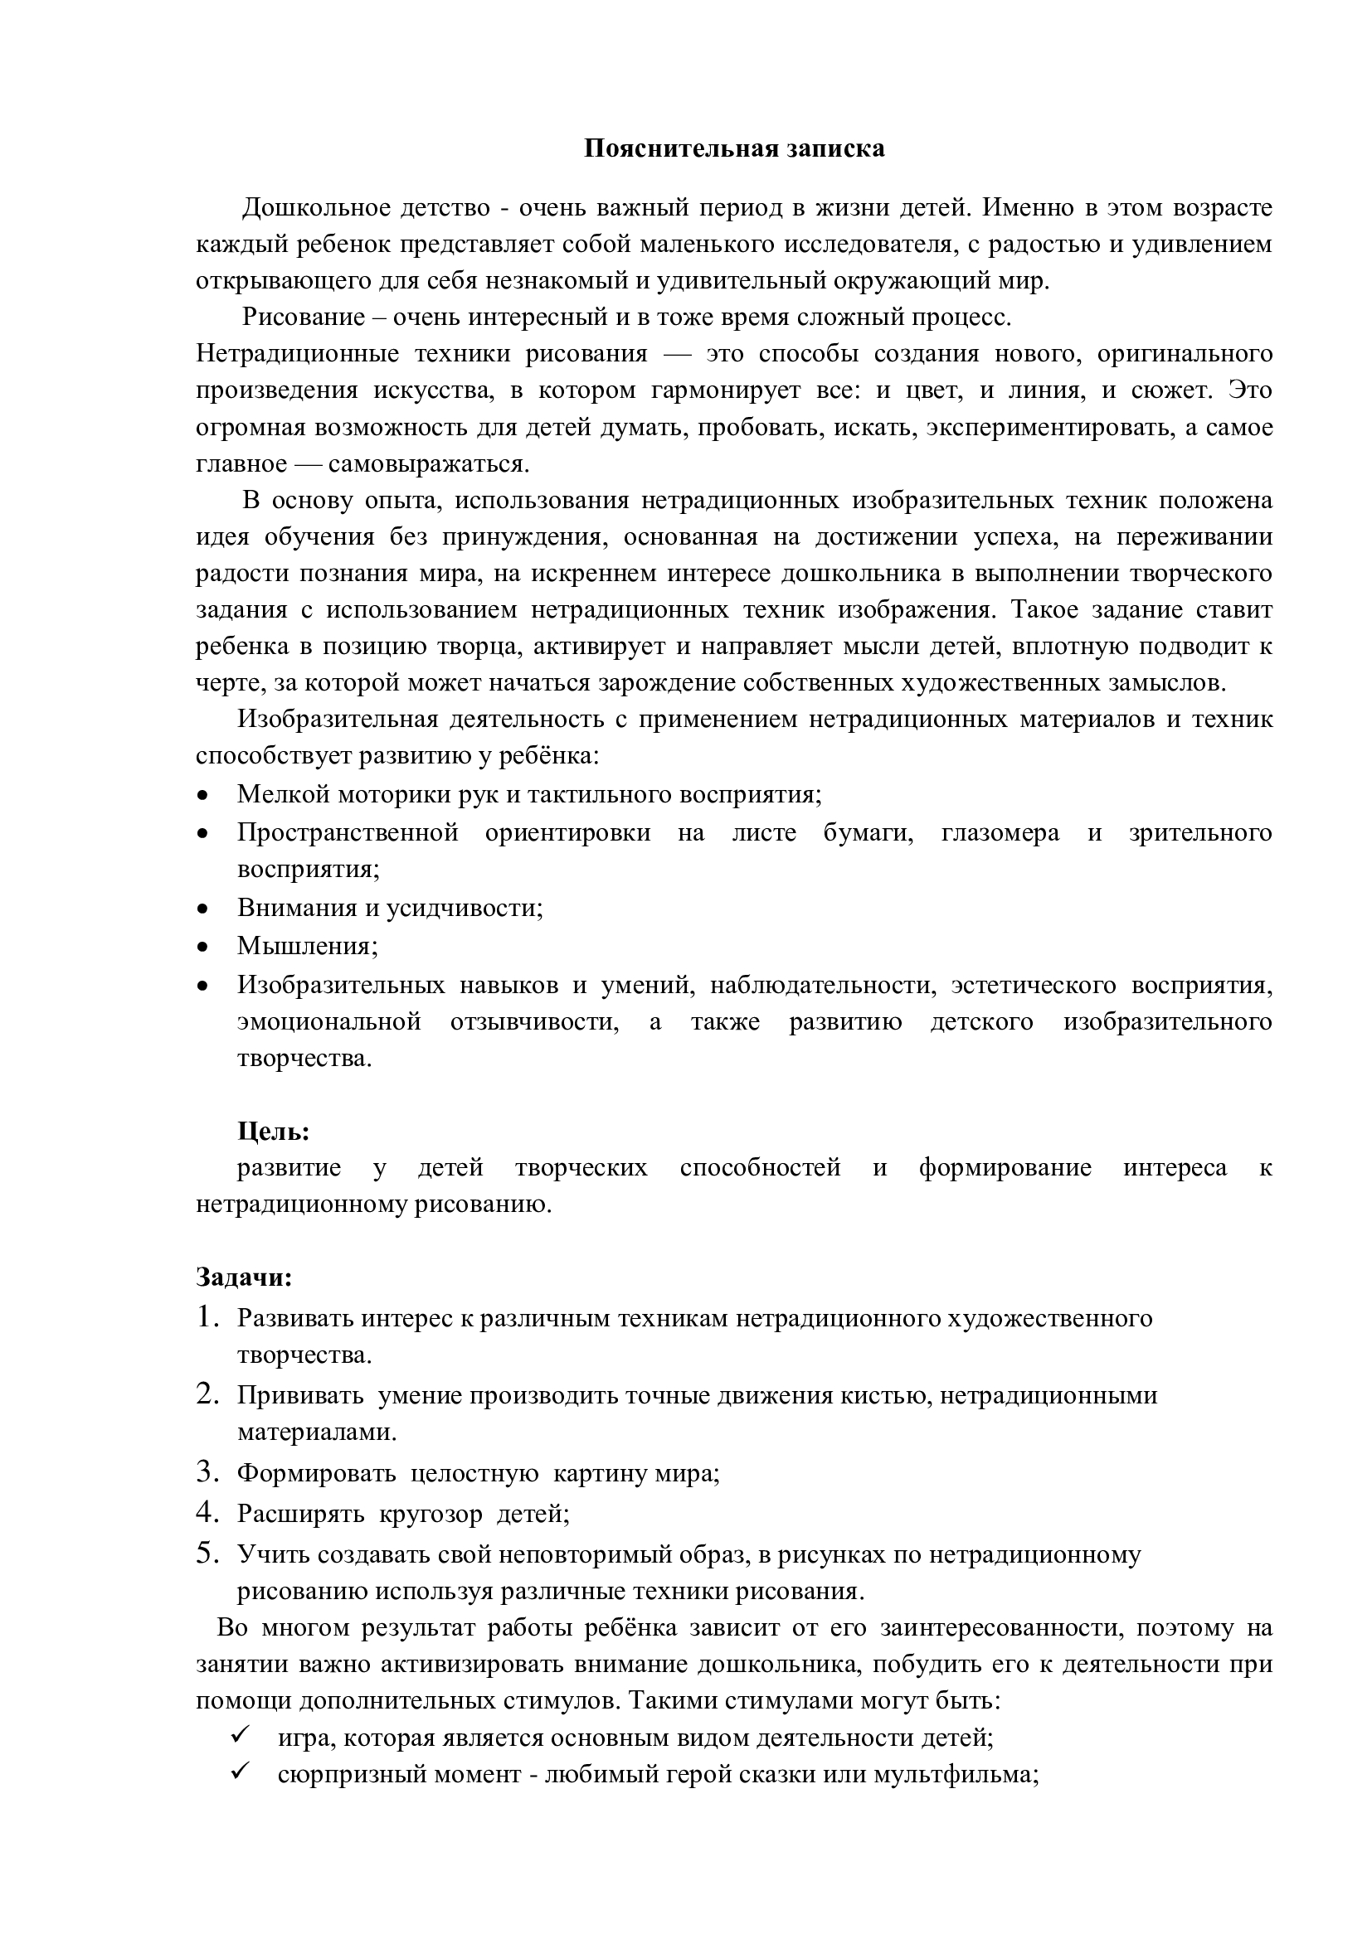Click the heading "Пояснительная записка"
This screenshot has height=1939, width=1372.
734,148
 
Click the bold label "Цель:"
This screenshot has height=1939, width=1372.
273,1131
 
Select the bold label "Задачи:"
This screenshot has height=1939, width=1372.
244,1277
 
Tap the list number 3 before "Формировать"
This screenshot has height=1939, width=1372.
207,1473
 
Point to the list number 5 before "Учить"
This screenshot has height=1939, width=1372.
207,1554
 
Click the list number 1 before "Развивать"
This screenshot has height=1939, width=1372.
207,1317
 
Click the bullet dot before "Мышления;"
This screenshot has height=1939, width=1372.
202,947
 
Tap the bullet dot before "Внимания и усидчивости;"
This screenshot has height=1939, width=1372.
202,909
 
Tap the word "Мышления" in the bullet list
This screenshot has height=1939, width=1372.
304,946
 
